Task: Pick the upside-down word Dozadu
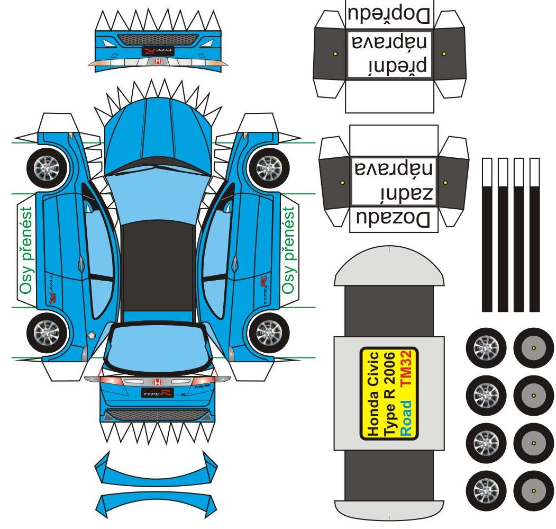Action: click(394, 219)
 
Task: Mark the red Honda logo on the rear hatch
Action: click(157, 382)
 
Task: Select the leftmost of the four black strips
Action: click(487, 236)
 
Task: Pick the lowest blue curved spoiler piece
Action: click(156, 500)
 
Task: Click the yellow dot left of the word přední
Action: click(335, 54)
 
